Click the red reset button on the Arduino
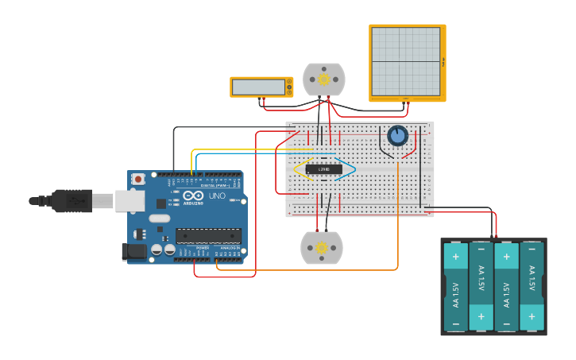(138, 180)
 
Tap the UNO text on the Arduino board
(217, 196)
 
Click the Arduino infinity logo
(193, 196)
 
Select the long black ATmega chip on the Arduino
(208, 235)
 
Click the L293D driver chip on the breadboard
(324, 169)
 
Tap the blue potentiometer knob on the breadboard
(397, 136)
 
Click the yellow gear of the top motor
(324, 79)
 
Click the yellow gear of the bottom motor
(322, 248)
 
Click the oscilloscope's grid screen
(405, 61)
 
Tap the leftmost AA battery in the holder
(456, 287)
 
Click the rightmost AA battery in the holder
(532, 287)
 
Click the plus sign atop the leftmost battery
(456, 257)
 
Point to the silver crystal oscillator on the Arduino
(159, 218)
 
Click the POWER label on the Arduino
(202, 247)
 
